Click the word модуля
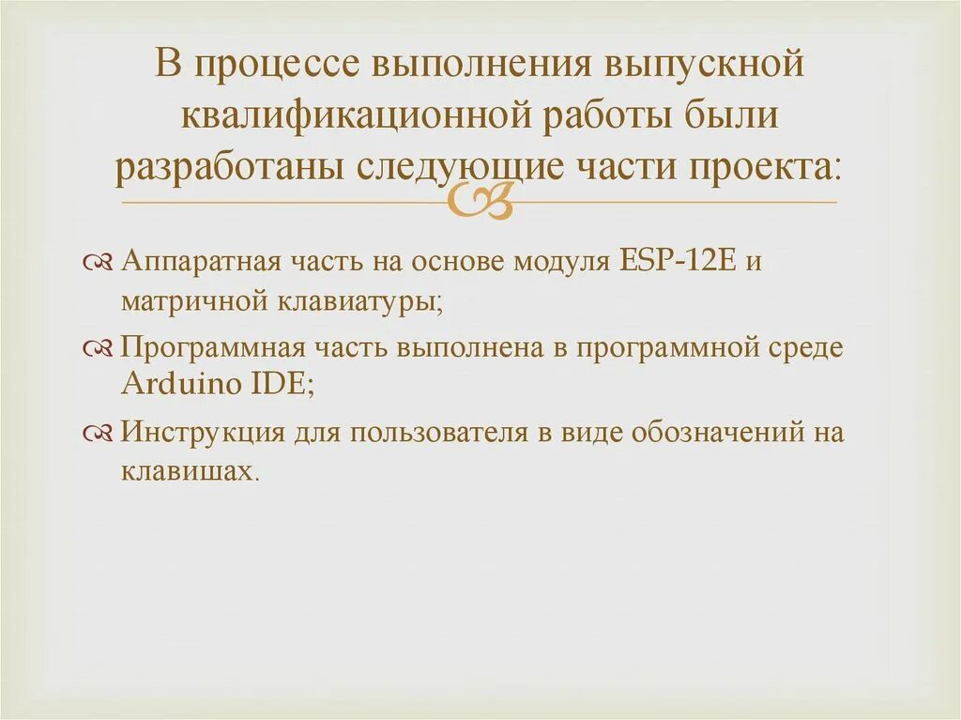559,260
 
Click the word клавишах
187,472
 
